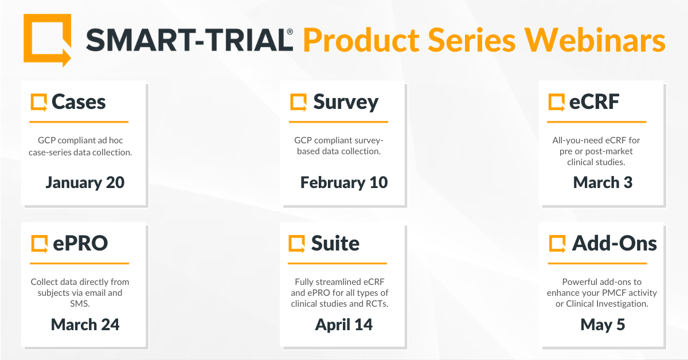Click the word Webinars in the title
tap(595, 40)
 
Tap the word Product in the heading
tap(361, 40)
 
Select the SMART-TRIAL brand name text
tap(189, 40)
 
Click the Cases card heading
tap(79, 102)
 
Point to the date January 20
tap(85, 182)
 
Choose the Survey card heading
tap(346, 103)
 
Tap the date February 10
tap(344, 182)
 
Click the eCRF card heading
tap(594, 102)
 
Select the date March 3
tap(603, 182)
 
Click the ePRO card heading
tap(80, 243)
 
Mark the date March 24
tap(85, 324)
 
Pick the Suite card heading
tap(335, 243)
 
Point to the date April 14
tap(343, 325)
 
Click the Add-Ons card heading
tap(614, 243)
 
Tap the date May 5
tap(603, 325)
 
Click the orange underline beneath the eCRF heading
tap(596, 122)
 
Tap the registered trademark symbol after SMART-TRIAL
tap(290, 32)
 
